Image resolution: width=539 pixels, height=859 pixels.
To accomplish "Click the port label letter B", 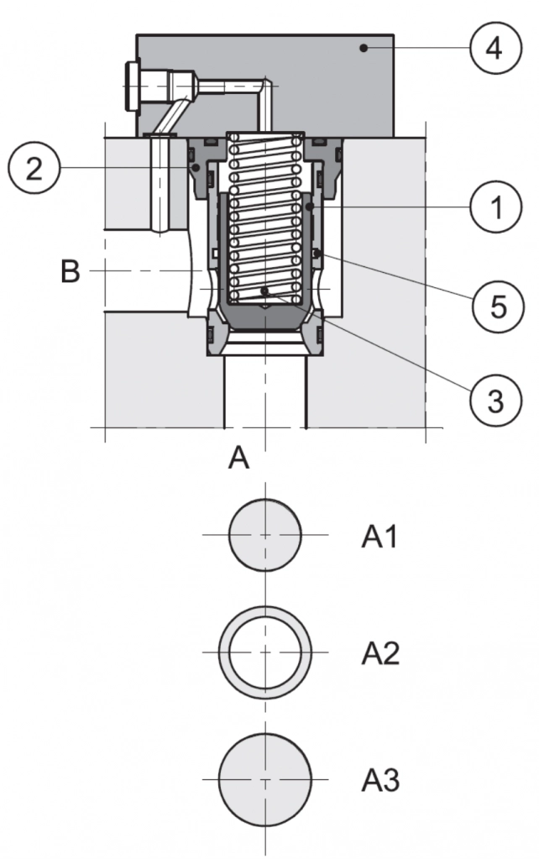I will point(71,272).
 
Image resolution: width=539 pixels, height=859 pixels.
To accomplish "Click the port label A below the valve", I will point(240,458).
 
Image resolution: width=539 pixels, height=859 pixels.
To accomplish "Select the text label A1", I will point(379,537).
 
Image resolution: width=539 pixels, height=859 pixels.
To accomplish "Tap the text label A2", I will point(379,652).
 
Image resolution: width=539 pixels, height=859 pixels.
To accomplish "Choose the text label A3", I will point(380,781).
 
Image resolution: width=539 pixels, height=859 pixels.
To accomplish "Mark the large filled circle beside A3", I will point(265,780).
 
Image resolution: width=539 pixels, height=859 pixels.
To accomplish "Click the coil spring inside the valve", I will point(264,218).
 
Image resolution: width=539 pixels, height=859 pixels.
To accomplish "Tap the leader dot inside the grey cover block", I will point(363,49).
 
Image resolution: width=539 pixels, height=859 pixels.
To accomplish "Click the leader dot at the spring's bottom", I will point(264,291).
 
